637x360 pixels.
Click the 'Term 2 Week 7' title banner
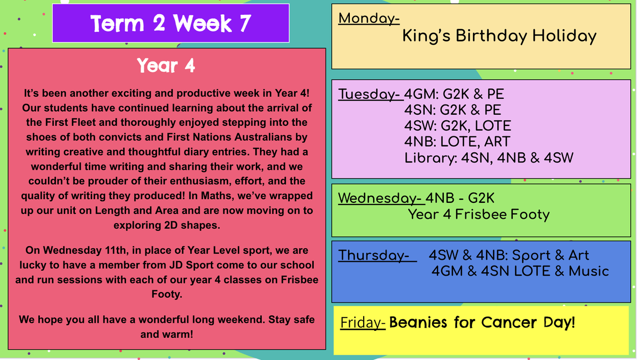click(170, 23)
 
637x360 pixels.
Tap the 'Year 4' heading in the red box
click(166, 66)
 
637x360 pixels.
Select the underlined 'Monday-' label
click(369, 19)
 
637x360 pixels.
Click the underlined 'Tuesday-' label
click(371, 95)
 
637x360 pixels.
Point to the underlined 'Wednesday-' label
click(381, 198)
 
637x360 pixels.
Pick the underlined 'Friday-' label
click(363, 323)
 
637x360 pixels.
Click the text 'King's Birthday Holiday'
click(499, 37)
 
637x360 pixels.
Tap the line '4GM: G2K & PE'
click(454, 94)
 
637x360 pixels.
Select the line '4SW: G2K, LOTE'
click(458, 126)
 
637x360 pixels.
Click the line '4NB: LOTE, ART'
click(457, 142)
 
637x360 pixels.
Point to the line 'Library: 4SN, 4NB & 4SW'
click(489, 158)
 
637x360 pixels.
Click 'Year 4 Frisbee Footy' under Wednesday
click(479, 215)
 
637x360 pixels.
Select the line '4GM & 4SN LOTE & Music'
click(520, 271)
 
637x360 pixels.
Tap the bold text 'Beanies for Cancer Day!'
click(482, 322)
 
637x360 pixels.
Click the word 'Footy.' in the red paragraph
click(167, 294)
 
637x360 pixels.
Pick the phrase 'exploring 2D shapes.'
click(167, 225)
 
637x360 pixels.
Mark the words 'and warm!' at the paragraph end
click(167, 334)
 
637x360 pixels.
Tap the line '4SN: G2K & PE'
click(453, 110)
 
